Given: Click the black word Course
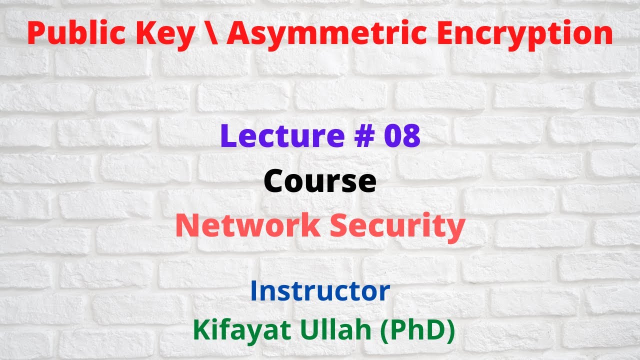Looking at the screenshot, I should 320,181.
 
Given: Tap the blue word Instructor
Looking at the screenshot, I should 320,291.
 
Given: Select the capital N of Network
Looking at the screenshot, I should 187,225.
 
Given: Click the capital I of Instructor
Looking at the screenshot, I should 253,291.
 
